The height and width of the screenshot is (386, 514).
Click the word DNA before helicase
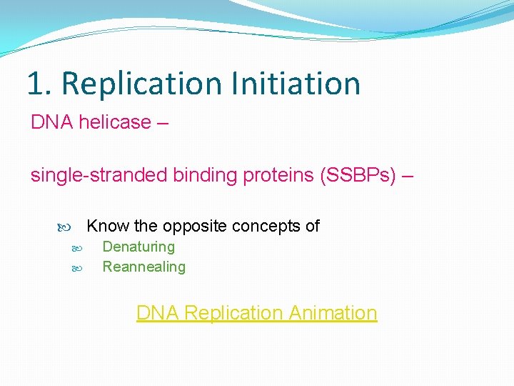[x=52, y=122]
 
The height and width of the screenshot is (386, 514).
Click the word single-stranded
[x=99, y=176]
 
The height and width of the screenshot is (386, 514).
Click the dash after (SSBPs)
[x=407, y=176]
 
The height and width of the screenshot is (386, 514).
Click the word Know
[x=107, y=227]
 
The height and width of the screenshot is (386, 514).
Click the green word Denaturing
[x=138, y=247]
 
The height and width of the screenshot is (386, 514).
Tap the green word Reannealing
[x=143, y=267]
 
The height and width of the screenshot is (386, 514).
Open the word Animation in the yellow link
[x=332, y=313]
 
